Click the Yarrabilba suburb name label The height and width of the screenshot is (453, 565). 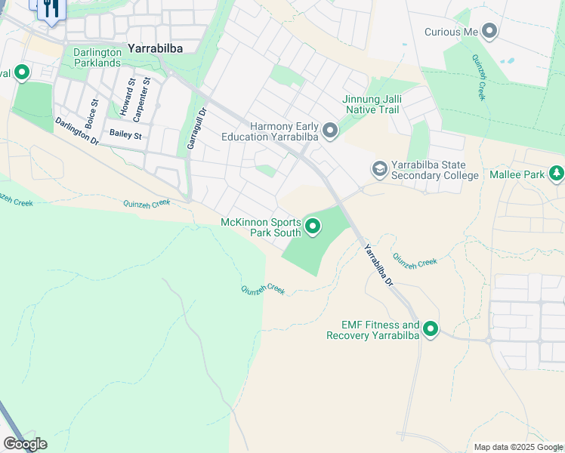(x=160, y=48)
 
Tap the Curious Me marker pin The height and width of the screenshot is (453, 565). (x=489, y=32)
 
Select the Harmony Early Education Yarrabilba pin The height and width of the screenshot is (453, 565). (x=330, y=132)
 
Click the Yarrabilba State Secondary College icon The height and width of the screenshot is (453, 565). (x=380, y=170)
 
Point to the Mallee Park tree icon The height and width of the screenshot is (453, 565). (x=557, y=174)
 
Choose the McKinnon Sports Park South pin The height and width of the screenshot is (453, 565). (x=312, y=226)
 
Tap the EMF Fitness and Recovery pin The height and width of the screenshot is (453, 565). (x=431, y=329)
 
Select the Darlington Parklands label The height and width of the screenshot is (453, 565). (x=97, y=57)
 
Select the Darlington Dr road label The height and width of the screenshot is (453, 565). (x=76, y=131)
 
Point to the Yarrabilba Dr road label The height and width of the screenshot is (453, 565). (x=378, y=264)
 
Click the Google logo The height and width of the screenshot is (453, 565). (x=25, y=444)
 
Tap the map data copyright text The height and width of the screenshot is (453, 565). (x=518, y=447)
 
